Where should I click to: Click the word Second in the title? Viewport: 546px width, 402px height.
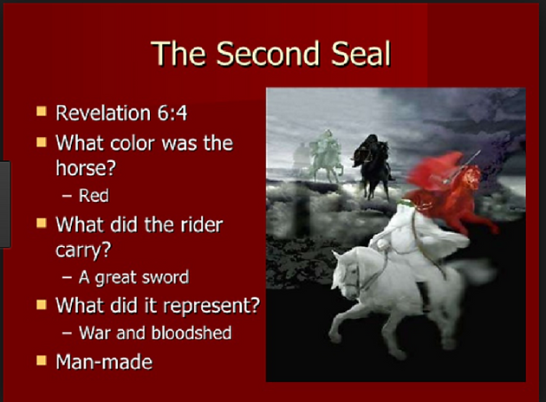coord(268,53)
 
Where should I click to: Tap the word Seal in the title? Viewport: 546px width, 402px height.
coord(361,53)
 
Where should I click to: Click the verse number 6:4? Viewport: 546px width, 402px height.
coord(172,113)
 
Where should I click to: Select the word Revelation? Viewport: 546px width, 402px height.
coord(103,113)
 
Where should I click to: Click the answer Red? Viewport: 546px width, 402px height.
coord(94,195)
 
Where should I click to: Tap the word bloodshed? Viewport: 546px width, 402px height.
coord(192,333)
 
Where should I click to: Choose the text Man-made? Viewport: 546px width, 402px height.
coord(104,362)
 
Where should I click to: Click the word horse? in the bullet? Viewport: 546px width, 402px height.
coord(86,168)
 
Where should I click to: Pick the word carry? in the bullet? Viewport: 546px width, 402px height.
coord(83,250)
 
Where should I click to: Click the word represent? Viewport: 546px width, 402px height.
coord(211,306)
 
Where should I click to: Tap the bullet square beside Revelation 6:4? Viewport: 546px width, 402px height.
coord(42,112)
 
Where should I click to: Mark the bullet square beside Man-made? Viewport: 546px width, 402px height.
coord(42,360)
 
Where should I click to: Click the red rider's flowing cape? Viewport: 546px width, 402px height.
coord(432,171)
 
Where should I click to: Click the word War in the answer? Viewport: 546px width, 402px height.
coord(94,333)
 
